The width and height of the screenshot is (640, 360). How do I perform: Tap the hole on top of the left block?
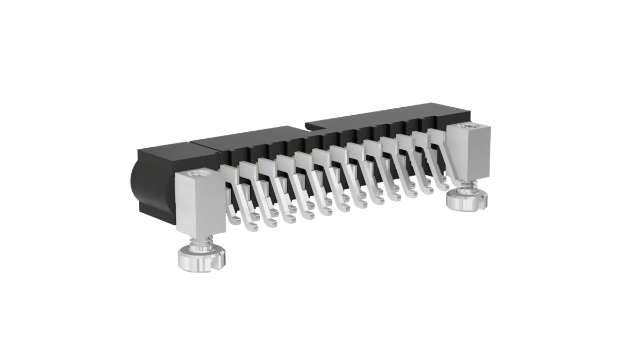click(198, 174)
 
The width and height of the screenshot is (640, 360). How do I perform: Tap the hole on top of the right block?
click(469, 126)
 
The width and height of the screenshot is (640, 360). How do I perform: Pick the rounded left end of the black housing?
click(138, 189)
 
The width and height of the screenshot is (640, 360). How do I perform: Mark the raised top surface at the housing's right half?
click(384, 118)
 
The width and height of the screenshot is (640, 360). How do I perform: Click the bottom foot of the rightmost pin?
click(442, 187)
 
